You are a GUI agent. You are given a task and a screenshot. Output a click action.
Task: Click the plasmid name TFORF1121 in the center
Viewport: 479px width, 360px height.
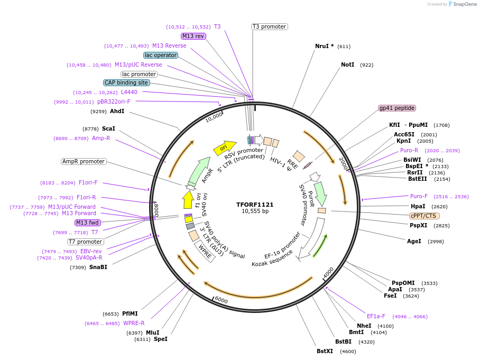pos(255,205)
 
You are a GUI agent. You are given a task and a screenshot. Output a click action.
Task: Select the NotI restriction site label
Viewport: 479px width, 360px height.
pos(347,64)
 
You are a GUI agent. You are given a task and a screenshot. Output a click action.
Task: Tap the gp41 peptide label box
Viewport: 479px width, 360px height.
pos(397,108)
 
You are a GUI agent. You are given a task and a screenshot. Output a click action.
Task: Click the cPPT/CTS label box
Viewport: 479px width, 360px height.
pos(424,216)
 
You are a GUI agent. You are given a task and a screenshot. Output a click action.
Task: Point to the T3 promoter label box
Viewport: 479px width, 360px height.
pos(269,26)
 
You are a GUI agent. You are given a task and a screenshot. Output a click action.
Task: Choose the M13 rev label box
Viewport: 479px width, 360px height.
pos(193,36)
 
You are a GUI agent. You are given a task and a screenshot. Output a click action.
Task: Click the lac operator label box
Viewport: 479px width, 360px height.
pos(161,55)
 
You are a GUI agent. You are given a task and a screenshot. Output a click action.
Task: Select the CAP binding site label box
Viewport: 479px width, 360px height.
pos(126,82)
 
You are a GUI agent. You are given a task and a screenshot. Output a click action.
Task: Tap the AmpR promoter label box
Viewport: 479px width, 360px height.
pos(84,161)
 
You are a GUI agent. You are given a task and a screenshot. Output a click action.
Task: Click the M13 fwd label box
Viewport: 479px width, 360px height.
pos(88,223)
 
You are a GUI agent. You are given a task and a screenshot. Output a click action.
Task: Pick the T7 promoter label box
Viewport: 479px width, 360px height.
pos(86,242)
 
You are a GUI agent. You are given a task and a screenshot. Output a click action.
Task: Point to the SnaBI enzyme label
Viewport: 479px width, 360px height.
pos(98,267)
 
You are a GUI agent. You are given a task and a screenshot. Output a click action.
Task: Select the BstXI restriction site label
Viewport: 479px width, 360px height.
pos(325,351)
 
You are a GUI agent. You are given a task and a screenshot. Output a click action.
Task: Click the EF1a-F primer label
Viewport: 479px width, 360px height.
pos(376,316)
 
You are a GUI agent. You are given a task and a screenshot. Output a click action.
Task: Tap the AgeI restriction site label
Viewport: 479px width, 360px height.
pos(414,241)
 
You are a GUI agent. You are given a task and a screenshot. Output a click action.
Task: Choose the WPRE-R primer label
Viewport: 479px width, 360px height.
pos(134,323)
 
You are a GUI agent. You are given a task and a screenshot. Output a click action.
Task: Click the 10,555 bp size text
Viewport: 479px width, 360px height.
pos(255,211)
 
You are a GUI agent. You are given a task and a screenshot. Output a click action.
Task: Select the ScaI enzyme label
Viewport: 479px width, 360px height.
pos(108,128)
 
